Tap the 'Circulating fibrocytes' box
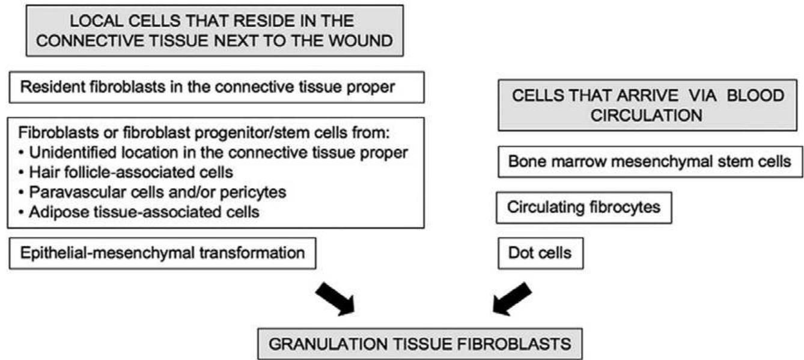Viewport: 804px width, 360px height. click(583, 207)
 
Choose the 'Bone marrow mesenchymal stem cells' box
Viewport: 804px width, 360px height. click(649, 162)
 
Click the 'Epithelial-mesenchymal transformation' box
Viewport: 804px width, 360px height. click(162, 252)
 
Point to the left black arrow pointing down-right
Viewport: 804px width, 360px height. click(335, 296)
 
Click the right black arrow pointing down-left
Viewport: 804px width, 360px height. click(513, 296)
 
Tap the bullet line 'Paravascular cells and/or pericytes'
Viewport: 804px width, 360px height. click(145, 193)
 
